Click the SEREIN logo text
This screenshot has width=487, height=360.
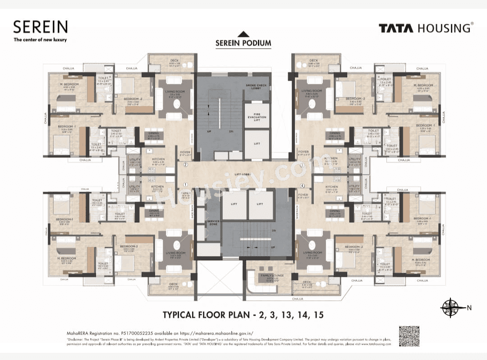coord(41,27)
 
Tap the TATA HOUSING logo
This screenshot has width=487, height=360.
coord(426,28)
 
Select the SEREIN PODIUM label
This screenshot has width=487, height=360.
coord(243,43)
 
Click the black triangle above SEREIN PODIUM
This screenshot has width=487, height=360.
coord(243,33)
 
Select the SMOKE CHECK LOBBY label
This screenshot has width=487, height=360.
coord(256,87)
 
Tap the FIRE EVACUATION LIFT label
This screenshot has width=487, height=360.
coord(257,117)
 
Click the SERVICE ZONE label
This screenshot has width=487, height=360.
coord(213,223)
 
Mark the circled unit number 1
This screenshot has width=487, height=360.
coord(185,184)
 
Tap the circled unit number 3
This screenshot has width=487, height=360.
coord(302,166)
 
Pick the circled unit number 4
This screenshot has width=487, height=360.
coord(303,185)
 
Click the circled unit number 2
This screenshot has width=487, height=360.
coord(185,165)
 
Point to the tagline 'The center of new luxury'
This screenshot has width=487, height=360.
coord(40,40)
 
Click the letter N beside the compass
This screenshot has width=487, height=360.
coord(469,308)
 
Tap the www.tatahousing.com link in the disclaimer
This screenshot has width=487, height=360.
coord(375,344)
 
